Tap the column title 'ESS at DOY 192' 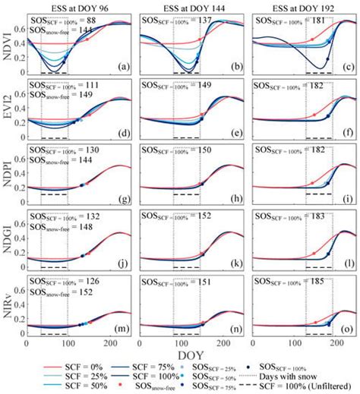(x=303, y=6)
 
